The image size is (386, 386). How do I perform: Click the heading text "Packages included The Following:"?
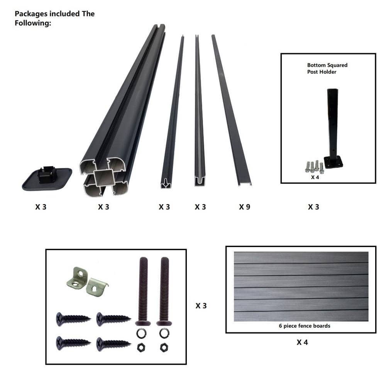pos(55,18)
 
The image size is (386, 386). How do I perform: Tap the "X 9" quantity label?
pos(244,207)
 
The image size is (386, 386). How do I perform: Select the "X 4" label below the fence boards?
pos(302,342)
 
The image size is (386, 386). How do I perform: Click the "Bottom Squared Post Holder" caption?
pos(327,68)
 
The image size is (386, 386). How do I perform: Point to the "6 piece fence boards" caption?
pos(305,326)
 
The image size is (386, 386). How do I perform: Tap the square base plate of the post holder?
pos(334,163)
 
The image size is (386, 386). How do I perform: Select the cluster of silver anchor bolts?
pos(315,167)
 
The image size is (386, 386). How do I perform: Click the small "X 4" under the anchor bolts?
pos(315,177)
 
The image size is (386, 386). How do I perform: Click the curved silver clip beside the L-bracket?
pos(97,287)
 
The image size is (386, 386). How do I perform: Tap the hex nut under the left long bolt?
pos(141,348)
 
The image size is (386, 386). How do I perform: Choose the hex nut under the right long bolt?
pos(164,348)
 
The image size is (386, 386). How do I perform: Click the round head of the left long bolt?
pos(143,323)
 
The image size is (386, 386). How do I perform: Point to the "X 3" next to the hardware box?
pos(201,306)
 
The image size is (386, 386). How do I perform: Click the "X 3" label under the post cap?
pos(41,207)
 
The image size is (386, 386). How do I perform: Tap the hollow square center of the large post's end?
pos(104,178)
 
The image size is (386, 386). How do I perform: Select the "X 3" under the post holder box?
pos(313,207)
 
